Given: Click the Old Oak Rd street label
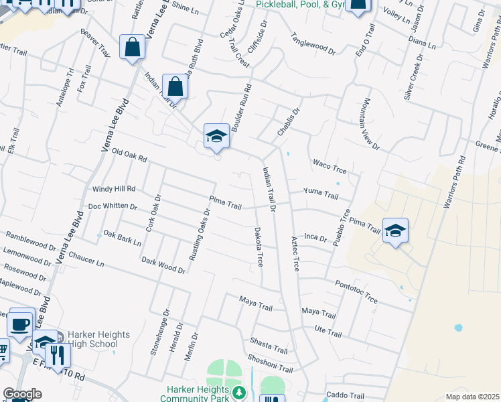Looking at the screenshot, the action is pos(129,156).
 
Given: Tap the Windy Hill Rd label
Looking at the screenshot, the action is pos(114,189).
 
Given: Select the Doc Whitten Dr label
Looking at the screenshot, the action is pos(113,206).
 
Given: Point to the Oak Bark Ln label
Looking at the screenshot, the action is pos(122,238).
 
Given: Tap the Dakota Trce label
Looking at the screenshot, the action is pos(259,247).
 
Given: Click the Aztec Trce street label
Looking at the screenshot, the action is pos(295,253).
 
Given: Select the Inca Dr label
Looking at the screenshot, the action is pos(315,237).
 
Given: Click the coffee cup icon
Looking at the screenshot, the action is pos(20,324).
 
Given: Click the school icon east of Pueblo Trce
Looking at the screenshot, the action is pos(395,231).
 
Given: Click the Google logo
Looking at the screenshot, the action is pos(22,394).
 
